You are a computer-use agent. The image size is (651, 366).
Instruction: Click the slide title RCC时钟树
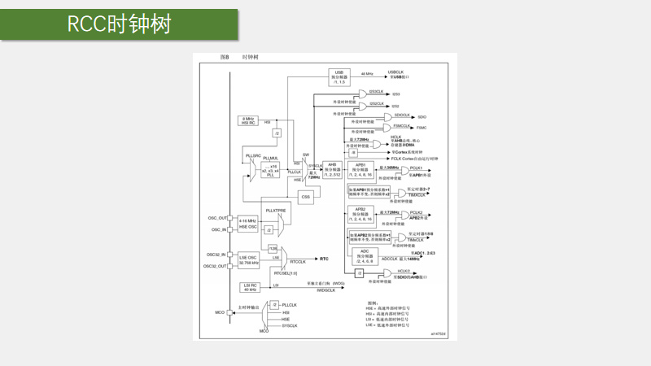(119, 24)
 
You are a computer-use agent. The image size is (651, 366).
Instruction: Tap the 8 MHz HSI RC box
(248, 121)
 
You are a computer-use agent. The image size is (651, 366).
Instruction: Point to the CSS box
(306, 197)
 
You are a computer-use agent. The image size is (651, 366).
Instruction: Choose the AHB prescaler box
(332, 169)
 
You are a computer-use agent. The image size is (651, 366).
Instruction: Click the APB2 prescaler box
(360, 214)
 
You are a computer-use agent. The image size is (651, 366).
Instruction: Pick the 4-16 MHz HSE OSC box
(248, 224)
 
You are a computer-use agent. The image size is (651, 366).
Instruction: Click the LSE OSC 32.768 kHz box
(248, 260)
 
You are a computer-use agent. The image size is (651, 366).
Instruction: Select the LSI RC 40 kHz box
(249, 287)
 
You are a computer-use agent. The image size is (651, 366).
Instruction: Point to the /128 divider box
(273, 248)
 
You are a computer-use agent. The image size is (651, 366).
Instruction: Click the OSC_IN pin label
(219, 229)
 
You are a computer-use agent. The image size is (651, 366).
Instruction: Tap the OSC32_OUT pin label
(216, 266)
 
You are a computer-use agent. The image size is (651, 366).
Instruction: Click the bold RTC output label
(324, 259)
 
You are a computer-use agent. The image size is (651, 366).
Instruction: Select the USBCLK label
(396, 72)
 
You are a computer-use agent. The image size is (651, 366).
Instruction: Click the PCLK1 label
(416, 168)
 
